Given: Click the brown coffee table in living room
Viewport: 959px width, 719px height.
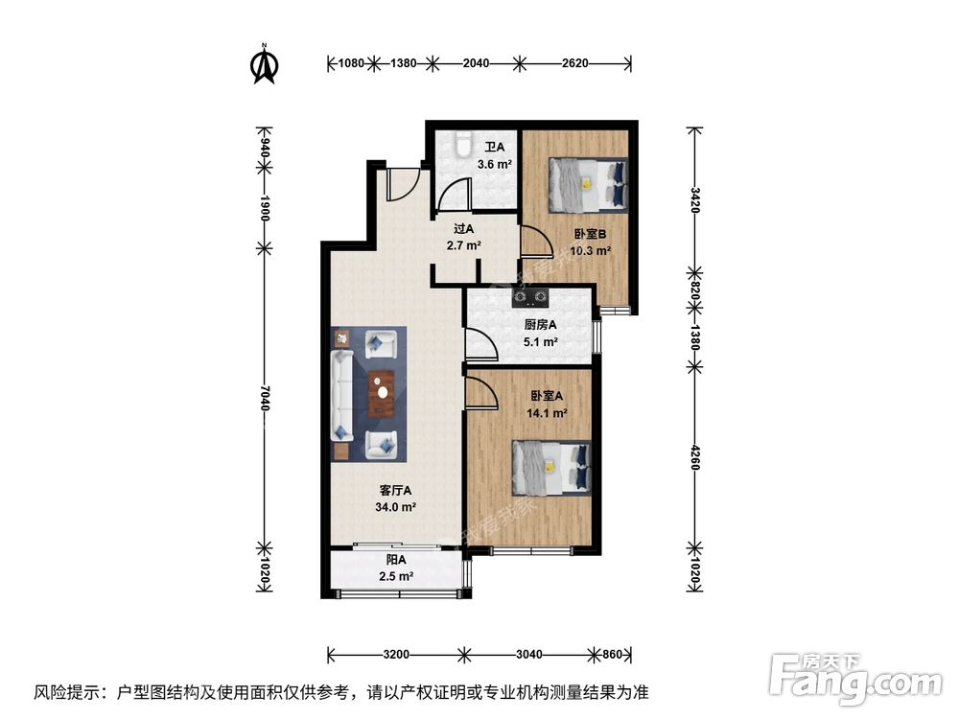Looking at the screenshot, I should [x=382, y=392].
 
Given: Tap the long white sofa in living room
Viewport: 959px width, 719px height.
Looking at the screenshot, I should [x=341, y=393].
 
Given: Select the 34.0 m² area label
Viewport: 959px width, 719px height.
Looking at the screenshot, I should [x=396, y=508].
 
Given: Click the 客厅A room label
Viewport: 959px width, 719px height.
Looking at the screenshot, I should [x=395, y=491].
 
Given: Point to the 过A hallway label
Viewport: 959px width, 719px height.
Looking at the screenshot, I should [x=464, y=229].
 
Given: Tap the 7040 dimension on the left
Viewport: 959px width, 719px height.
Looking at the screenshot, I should [x=265, y=397].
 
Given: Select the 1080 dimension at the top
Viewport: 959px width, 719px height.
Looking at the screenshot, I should [x=352, y=63].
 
